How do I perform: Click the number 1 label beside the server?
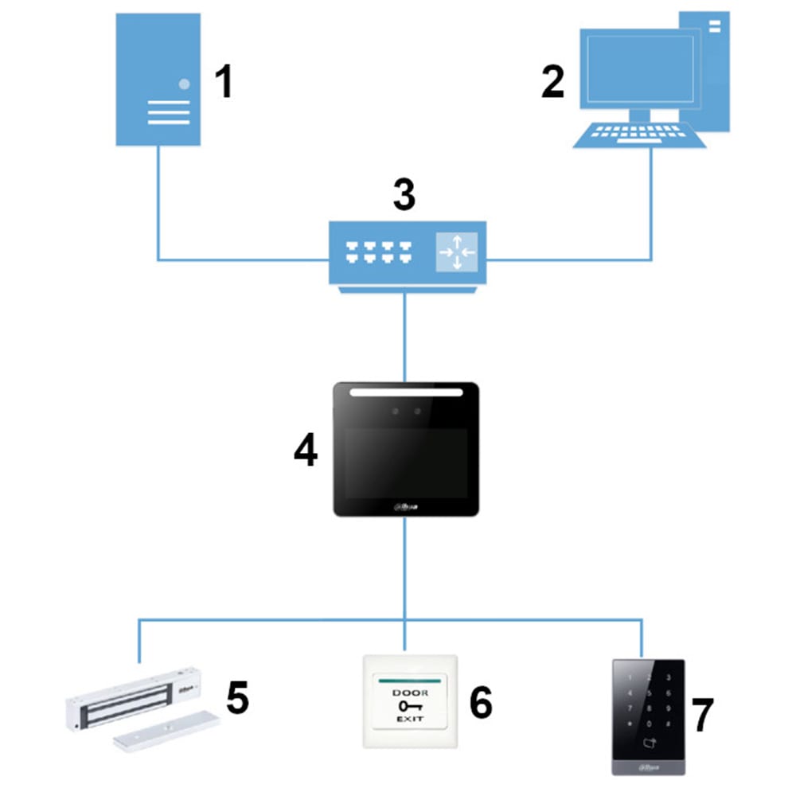tap(224, 82)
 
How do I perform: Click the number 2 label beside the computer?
tap(552, 82)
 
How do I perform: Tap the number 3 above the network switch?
tap(404, 195)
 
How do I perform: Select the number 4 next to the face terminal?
tap(306, 451)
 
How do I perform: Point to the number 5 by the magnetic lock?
tap(237, 697)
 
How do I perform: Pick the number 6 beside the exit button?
tap(480, 702)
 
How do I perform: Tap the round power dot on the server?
tap(185, 83)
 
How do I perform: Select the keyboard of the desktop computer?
tap(639, 135)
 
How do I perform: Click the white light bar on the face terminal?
tap(406, 392)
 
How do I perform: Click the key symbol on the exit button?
tap(409, 705)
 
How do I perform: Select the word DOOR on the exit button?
tap(410, 693)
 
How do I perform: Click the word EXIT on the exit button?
tap(410, 719)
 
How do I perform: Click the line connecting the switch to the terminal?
tap(406, 334)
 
